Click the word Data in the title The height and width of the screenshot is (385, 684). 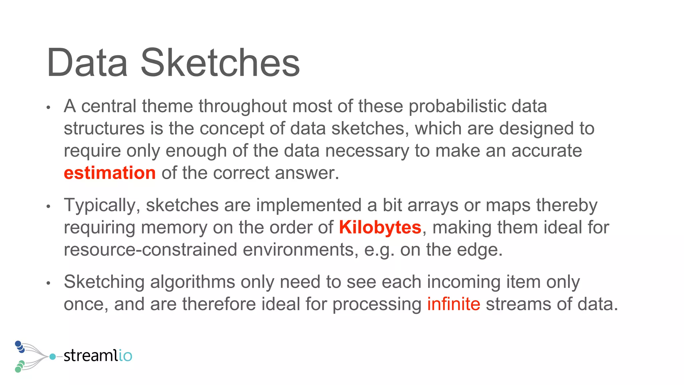pyautogui.click(x=87, y=63)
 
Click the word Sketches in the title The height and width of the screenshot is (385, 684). pyautogui.click(x=220, y=63)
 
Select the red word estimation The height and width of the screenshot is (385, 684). pyautogui.click(x=110, y=173)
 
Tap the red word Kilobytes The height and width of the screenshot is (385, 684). pyautogui.click(x=380, y=228)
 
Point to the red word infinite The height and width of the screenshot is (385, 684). pyautogui.click(x=454, y=304)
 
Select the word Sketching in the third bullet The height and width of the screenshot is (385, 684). pyautogui.click(x=104, y=282)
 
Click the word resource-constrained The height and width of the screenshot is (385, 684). pyautogui.click(x=150, y=250)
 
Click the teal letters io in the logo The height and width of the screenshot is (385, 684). pyautogui.click(x=125, y=356)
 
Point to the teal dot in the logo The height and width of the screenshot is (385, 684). pyautogui.click(x=52, y=357)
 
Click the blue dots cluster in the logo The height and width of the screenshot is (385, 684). pyautogui.click(x=20, y=346)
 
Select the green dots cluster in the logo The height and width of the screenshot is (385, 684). pyautogui.click(x=19, y=367)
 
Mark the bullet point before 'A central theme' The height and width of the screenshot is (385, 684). pyautogui.click(x=48, y=108)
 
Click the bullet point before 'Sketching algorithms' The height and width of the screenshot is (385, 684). pyautogui.click(x=48, y=283)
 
